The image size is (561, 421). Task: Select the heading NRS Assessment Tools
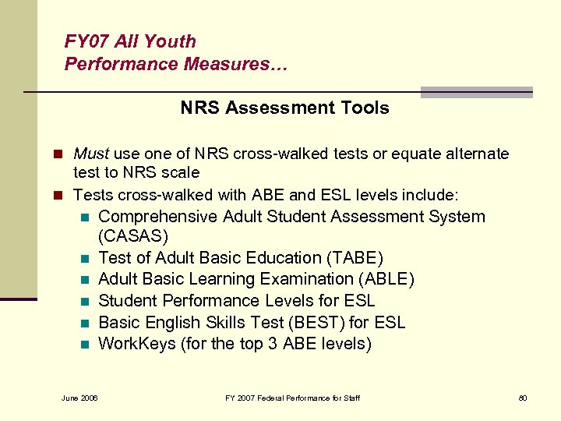point(284,108)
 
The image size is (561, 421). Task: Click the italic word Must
point(90,154)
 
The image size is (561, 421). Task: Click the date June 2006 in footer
point(79,398)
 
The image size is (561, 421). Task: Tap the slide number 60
point(523,398)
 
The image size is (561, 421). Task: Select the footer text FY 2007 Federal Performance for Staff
point(292,398)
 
